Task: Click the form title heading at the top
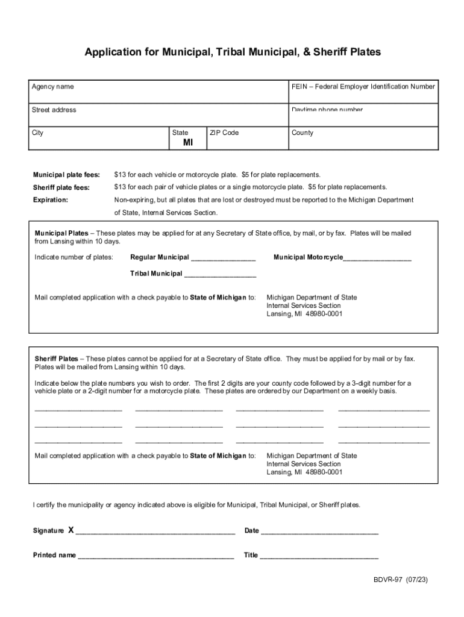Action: (x=232, y=52)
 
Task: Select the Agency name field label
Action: (x=53, y=87)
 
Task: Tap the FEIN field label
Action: (x=363, y=87)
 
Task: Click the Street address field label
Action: (x=54, y=110)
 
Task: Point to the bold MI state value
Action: (x=187, y=143)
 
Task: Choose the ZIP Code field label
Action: (x=224, y=133)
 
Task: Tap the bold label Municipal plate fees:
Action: (x=66, y=175)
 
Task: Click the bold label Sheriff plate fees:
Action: (x=61, y=187)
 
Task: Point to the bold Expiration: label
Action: (x=51, y=199)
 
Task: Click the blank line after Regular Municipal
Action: (x=223, y=259)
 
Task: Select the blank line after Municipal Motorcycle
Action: (x=377, y=259)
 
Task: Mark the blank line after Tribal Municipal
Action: (x=220, y=275)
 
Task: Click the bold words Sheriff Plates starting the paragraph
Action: (x=56, y=359)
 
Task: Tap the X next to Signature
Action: (x=71, y=530)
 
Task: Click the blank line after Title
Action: (x=319, y=557)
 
